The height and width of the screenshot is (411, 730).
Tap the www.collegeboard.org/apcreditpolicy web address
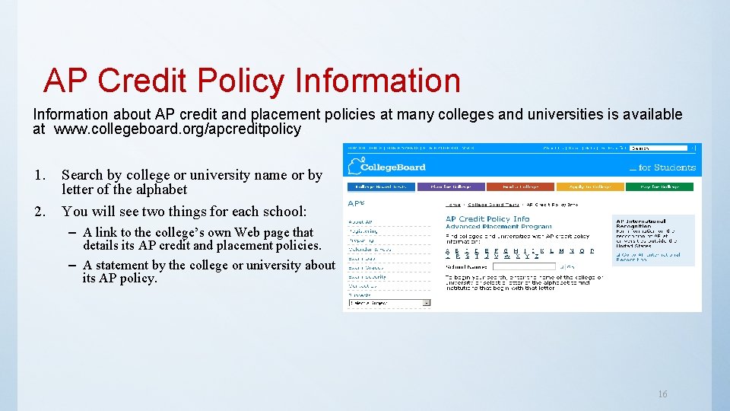point(178,129)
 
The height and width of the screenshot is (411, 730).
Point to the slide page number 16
point(662,394)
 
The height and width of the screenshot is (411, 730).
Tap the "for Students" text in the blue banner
point(666,167)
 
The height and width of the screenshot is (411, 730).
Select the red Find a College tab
point(521,186)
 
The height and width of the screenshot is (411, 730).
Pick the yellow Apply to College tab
point(590,186)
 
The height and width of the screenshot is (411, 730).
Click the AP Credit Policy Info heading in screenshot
point(487,219)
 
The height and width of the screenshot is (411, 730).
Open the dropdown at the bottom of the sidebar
point(389,302)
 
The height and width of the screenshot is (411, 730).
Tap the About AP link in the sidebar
point(360,222)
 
